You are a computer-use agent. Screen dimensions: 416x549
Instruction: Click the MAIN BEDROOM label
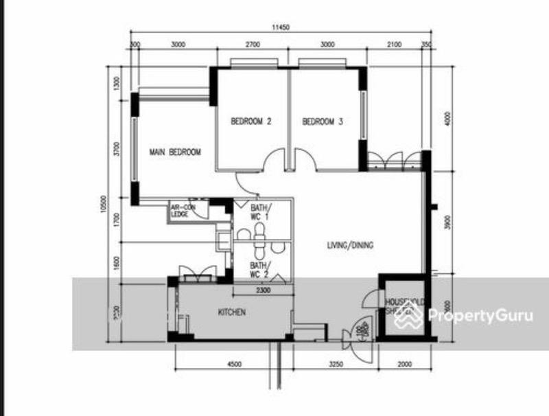(x=176, y=152)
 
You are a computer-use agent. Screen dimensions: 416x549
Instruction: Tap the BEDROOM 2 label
(x=251, y=122)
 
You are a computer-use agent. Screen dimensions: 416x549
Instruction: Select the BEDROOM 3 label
(x=323, y=122)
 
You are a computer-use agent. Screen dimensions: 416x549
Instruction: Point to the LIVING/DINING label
(x=349, y=244)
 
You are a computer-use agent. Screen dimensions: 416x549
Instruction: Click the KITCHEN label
(x=232, y=312)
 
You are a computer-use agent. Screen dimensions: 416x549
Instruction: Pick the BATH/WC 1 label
(x=261, y=211)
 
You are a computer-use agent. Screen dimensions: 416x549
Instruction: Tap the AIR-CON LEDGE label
(x=180, y=211)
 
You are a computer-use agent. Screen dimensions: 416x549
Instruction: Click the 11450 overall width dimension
(x=281, y=27)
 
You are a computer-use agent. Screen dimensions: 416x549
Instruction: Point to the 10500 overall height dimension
(x=103, y=204)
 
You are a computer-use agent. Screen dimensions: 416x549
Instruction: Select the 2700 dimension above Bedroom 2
(x=253, y=45)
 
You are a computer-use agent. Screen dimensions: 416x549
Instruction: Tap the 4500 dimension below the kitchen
(x=234, y=365)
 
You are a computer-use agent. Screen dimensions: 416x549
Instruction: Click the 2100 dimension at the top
(x=394, y=45)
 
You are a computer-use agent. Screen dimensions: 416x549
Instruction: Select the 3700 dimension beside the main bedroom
(x=117, y=150)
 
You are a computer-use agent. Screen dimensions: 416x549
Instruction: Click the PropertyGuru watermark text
(x=480, y=316)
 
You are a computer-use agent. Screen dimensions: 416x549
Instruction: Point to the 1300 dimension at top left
(x=117, y=82)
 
